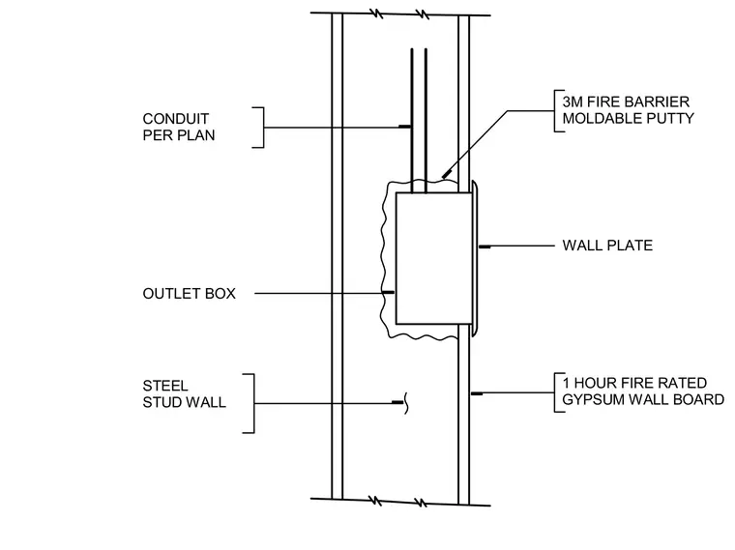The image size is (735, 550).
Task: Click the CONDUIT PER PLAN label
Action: pyautogui.click(x=179, y=127)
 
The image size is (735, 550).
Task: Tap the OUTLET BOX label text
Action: pyautogui.click(x=189, y=294)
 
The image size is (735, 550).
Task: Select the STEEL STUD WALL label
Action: pyautogui.click(x=184, y=394)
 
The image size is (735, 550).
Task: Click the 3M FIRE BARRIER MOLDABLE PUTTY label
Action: pyautogui.click(x=628, y=110)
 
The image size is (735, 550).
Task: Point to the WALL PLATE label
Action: pyautogui.click(x=607, y=246)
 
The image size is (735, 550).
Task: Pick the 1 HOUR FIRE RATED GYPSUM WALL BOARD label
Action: pyautogui.click(x=643, y=391)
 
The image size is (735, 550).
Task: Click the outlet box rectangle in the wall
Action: pyautogui.click(x=434, y=258)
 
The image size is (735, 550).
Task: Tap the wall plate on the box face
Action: pyautogui.click(x=475, y=258)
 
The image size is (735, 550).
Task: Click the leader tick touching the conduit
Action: pyautogui.click(x=405, y=127)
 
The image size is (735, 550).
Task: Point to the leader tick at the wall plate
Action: pyautogui.click(x=485, y=246)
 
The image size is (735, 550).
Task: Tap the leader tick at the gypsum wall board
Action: pyautogui.click(x=477, y=393)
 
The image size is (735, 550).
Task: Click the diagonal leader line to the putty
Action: pyautogui.click(x=475, y=144)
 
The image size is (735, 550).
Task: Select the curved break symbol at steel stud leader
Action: pyautogui.click(x=406, y=403)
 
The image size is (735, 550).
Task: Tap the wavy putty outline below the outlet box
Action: pyautogui.click(x=422, y=336)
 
